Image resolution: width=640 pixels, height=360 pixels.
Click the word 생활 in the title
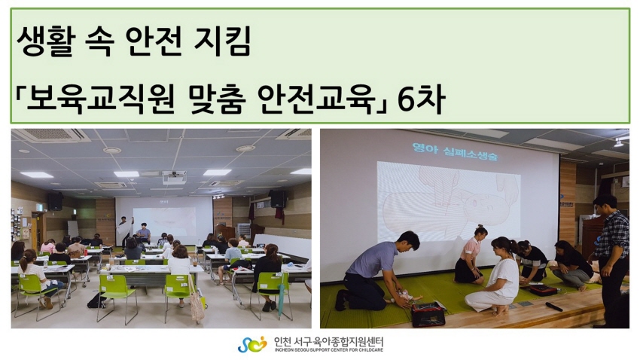[46, 41]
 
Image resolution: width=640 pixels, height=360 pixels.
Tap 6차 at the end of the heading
[421, 99]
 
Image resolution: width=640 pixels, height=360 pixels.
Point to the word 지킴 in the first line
[221, 41]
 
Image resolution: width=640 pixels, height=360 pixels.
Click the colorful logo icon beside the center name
[251, 344]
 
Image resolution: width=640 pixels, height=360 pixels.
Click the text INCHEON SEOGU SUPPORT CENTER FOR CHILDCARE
[329, 350]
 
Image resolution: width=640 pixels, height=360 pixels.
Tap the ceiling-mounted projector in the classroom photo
[174, 177]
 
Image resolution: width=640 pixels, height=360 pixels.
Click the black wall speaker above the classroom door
[56, 201]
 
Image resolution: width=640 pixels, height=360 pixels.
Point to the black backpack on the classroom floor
[96, 301]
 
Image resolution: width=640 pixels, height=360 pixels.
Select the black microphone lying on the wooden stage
[554, 307]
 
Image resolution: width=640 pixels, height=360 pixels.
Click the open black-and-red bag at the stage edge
[428, 313]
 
